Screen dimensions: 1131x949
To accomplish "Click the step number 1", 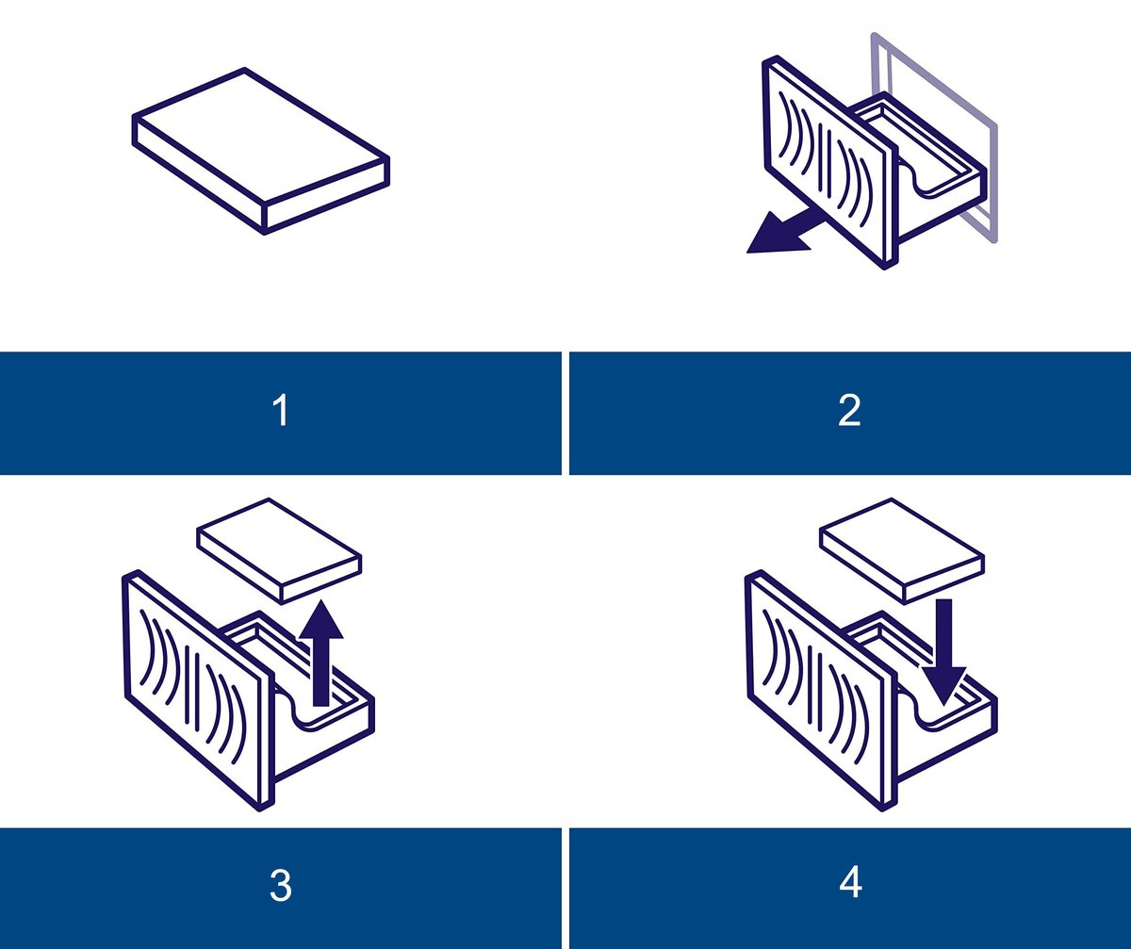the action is tap(281, 410).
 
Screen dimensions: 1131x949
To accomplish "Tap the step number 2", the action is tap(849, 410).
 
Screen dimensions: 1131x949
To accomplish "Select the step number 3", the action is tap(281, 886).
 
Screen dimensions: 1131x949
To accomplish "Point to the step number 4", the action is tap(850, 883).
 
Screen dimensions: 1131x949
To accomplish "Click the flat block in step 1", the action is tap(261, 151).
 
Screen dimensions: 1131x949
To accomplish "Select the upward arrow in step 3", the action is tap(321, 653).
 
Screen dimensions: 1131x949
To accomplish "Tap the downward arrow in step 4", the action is tap(944, 653).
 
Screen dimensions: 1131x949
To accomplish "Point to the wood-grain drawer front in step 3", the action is tap(198, 691).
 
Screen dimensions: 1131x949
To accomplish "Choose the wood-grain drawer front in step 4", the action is tap(821, 691).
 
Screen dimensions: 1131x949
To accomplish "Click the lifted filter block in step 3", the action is tap(279, 551).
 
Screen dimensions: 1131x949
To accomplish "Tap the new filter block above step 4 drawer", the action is tap(902, 551).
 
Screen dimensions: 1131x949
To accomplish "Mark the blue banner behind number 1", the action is tap(281, 414).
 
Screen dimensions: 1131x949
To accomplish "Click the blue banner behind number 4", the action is tap(850, 889).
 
